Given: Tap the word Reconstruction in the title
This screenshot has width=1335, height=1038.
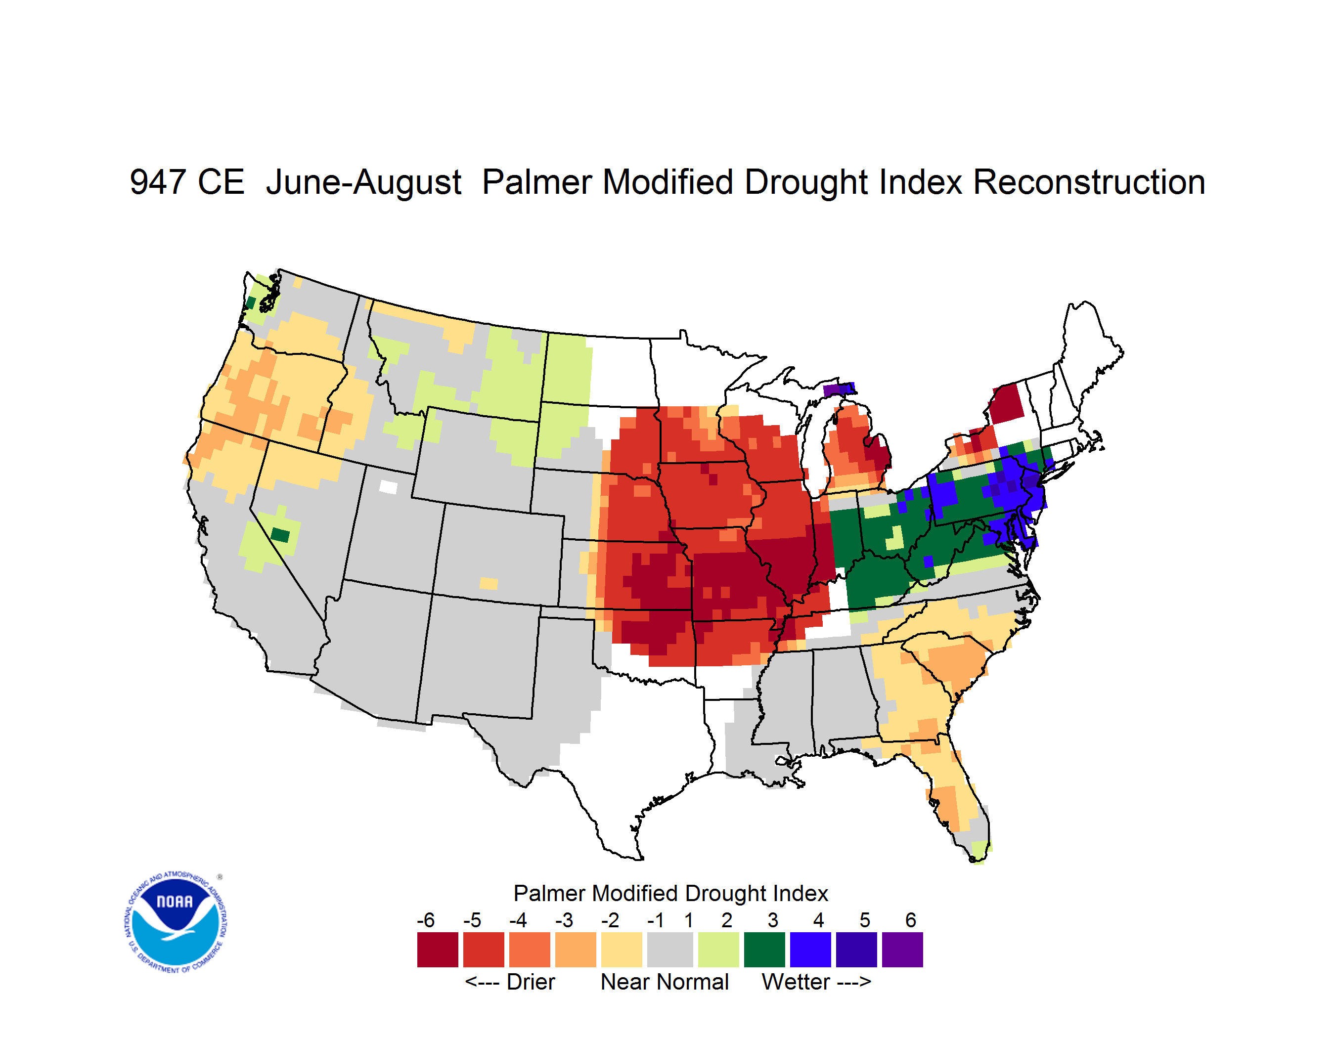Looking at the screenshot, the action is [x=1089, y=182].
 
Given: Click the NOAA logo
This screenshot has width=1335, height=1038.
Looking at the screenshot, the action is [x=176, y=922].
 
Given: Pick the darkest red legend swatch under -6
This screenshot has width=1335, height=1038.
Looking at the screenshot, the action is [x=438, y=950].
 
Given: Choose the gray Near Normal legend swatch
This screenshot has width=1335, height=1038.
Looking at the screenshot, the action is [x=670, y=950].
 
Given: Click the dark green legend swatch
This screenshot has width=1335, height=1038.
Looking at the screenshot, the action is [x=764, y=950].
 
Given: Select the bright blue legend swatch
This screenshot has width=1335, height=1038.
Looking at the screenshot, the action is [x=810, y=950].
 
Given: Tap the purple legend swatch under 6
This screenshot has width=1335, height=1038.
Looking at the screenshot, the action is [x=902, y=950].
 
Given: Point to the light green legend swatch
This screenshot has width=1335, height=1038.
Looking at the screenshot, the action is [x=718, y=950].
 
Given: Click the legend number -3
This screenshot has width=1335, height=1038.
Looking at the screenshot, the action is [x=564, y=920].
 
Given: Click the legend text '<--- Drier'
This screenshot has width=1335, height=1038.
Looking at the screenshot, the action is [x=510, y=982].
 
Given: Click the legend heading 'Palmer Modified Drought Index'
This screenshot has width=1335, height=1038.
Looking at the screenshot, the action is [x=670, y=893].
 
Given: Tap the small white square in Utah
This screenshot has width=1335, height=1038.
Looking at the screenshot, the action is [x=388, y=487].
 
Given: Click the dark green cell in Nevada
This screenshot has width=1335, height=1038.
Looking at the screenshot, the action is [x=280, y=535].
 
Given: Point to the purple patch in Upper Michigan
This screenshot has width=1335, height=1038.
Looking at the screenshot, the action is [x=838, y=389].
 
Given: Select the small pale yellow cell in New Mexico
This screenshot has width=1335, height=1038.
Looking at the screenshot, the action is [x=489, y=583].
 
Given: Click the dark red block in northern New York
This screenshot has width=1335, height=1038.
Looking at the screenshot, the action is [x=1006, y=403].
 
